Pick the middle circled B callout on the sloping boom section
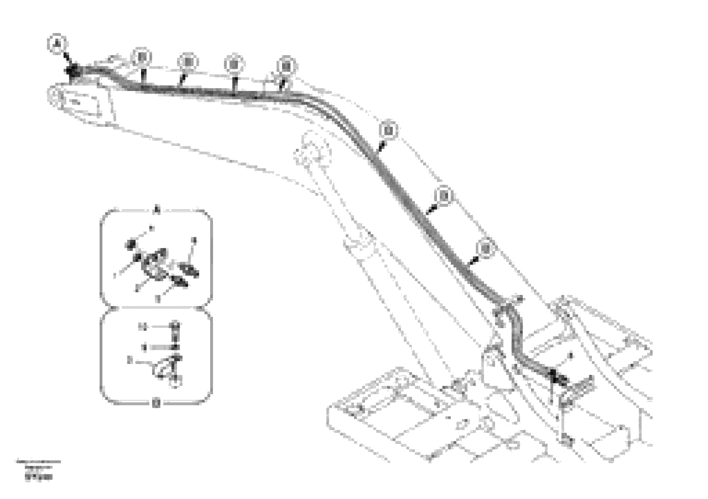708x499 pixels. pyautogui.click(x=444, y=195)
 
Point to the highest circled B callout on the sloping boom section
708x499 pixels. pyautogui.click(x=388, y=131)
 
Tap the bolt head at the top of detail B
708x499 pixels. pyautogui.click(x=176, y=325)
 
